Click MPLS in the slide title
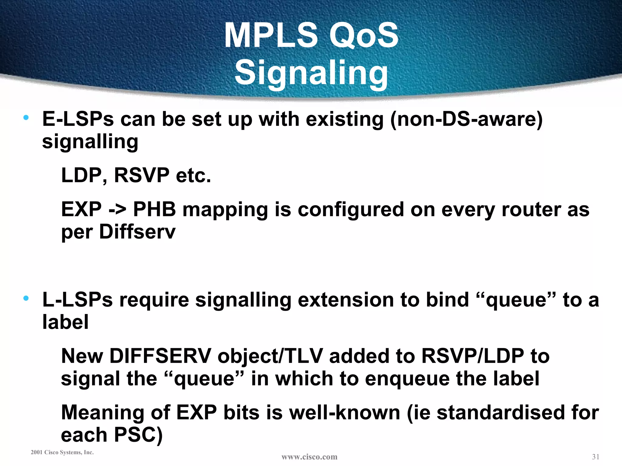(x=271, y=35)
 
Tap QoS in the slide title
(x=364, y=35)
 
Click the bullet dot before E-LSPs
(x=26, y=117)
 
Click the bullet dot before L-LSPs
(x=26, y=298)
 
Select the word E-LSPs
(x=78, y=119)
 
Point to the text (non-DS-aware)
(x=466, y=119)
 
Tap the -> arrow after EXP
(x=117, y=210)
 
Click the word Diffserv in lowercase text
(x=137, y=232)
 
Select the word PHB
(x=154, y=210)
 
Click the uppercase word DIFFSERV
(x=160, y=356)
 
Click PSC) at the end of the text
(x=138, y=435)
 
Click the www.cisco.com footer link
(x=309, y=457)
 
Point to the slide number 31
(x=595, y=457)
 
